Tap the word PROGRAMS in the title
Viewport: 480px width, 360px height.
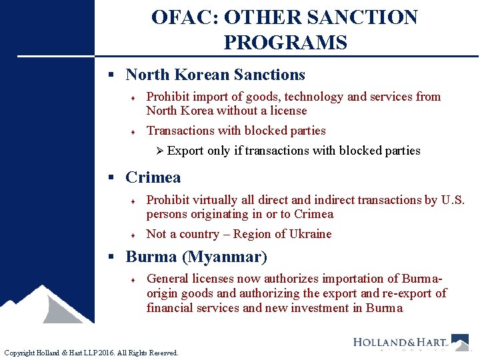click(285, 43)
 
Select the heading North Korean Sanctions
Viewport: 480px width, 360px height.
click(215, 75)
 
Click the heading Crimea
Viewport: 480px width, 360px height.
click(153, 177)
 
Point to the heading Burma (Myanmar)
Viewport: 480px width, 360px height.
click(196, 257)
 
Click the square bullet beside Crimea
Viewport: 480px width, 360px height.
click(112, 178)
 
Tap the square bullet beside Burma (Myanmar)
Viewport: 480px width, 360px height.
click(112, 257)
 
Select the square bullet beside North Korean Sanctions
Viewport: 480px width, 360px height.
click(112, 75)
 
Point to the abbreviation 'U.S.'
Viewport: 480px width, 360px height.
click(453, 200)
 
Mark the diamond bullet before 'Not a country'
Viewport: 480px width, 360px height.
click(133, 235)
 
